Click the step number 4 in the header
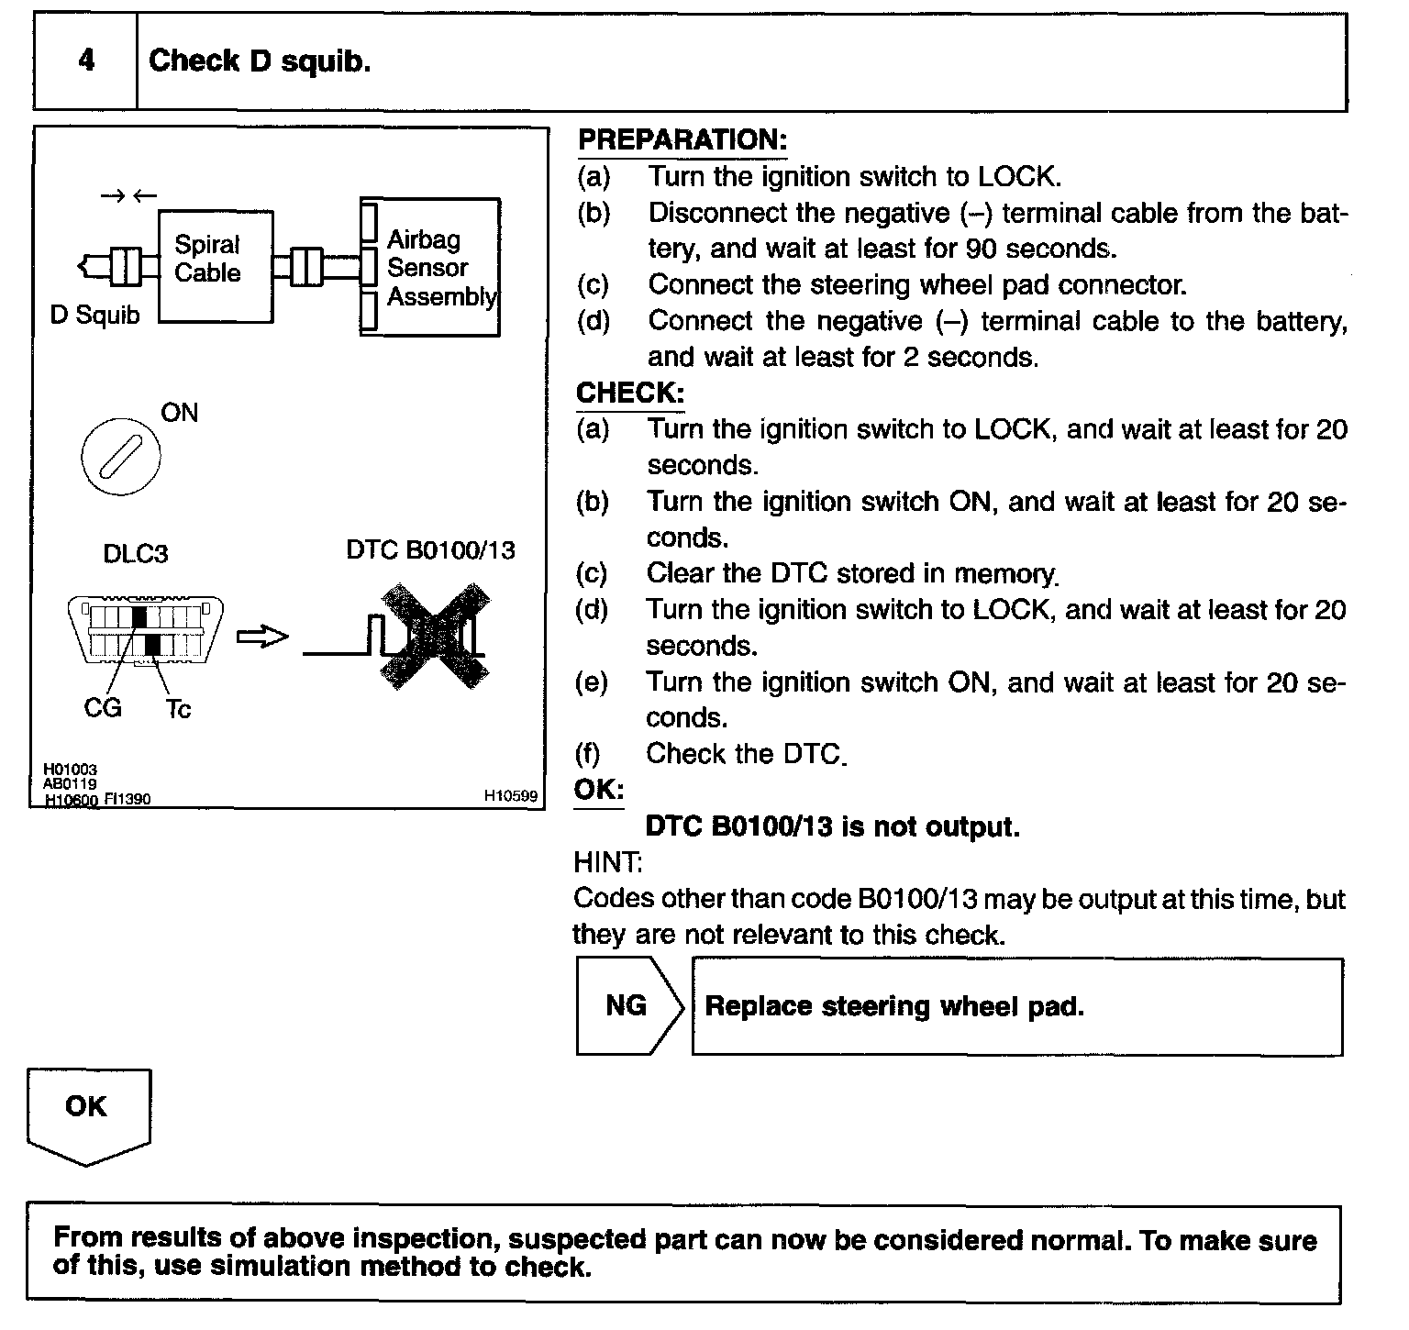(86, 61)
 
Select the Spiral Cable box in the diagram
(216, 265)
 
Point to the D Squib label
(94, 316)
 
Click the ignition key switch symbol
(120, 457)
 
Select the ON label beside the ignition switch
(179, 413)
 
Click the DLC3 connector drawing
(145, 629)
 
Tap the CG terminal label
(102, 708)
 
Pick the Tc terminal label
(178, 709)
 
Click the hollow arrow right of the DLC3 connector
(262, 637)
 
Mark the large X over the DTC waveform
(433, 636)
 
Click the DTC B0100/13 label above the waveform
(430, 550)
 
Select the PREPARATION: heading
(682, 140)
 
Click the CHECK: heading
(629, 393)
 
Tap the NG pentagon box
(628, 1006)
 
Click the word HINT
(606, 862)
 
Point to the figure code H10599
(510, 796)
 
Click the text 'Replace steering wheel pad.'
(894, 1006)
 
